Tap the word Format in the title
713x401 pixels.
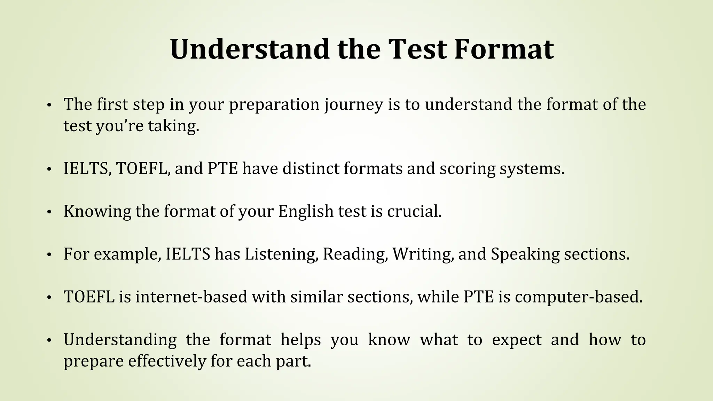504,49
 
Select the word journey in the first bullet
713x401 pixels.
354,104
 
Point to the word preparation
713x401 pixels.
274,104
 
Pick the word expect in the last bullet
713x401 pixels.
517,340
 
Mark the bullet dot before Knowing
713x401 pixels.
49,212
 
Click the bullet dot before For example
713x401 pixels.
49,255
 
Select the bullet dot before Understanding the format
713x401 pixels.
49,340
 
